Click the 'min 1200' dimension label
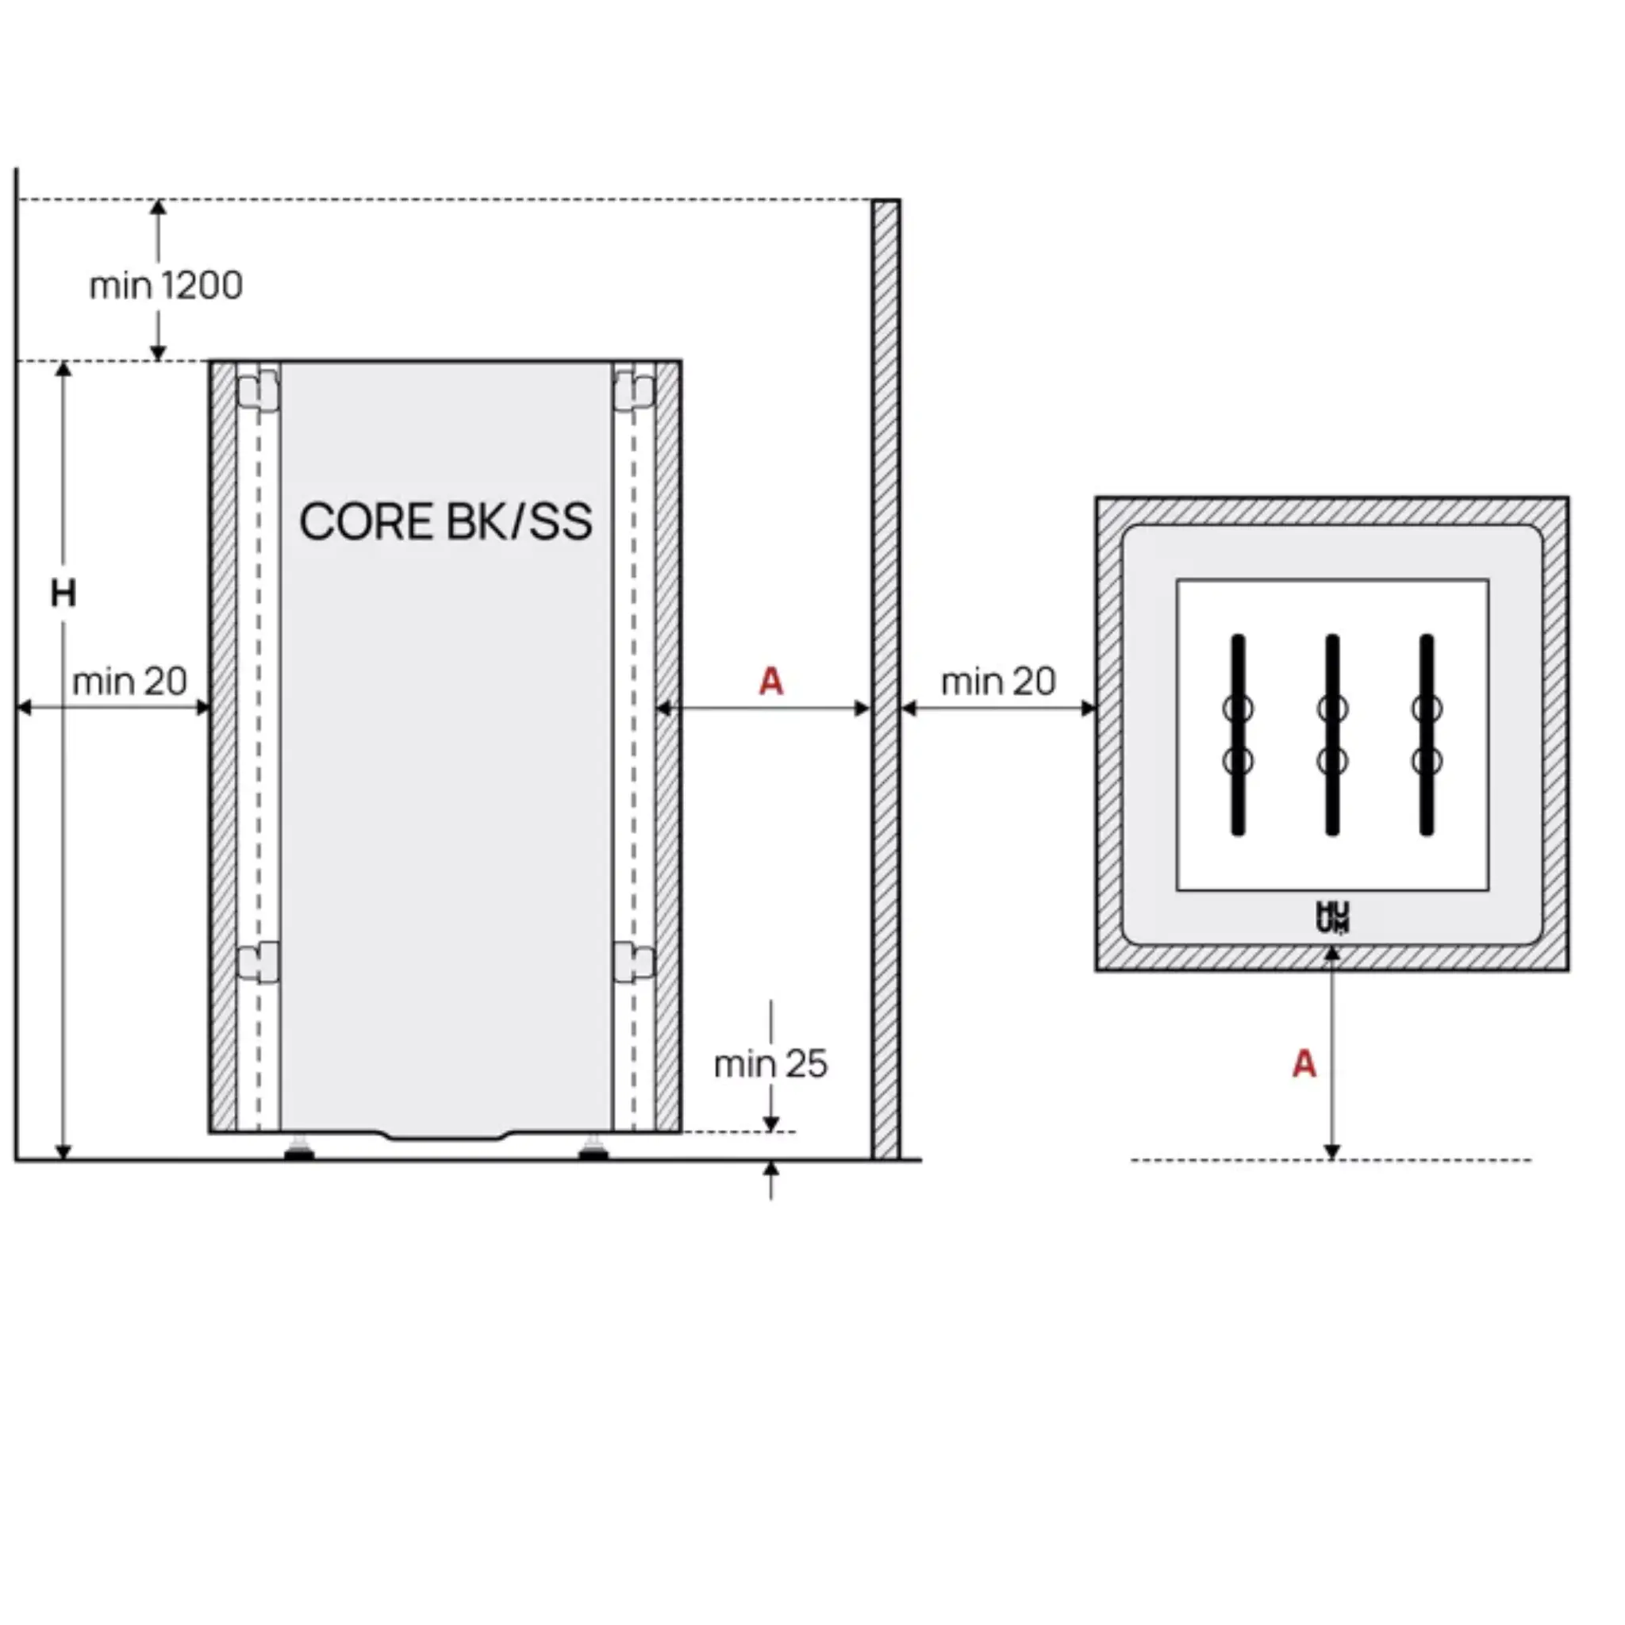166,286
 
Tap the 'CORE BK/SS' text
446,521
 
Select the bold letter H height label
63,594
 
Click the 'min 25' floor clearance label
770,1064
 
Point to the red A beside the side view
770,682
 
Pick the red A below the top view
1304,1064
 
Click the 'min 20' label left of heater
129,682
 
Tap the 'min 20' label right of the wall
998,682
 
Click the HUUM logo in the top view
1332,916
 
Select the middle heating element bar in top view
1332,734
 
